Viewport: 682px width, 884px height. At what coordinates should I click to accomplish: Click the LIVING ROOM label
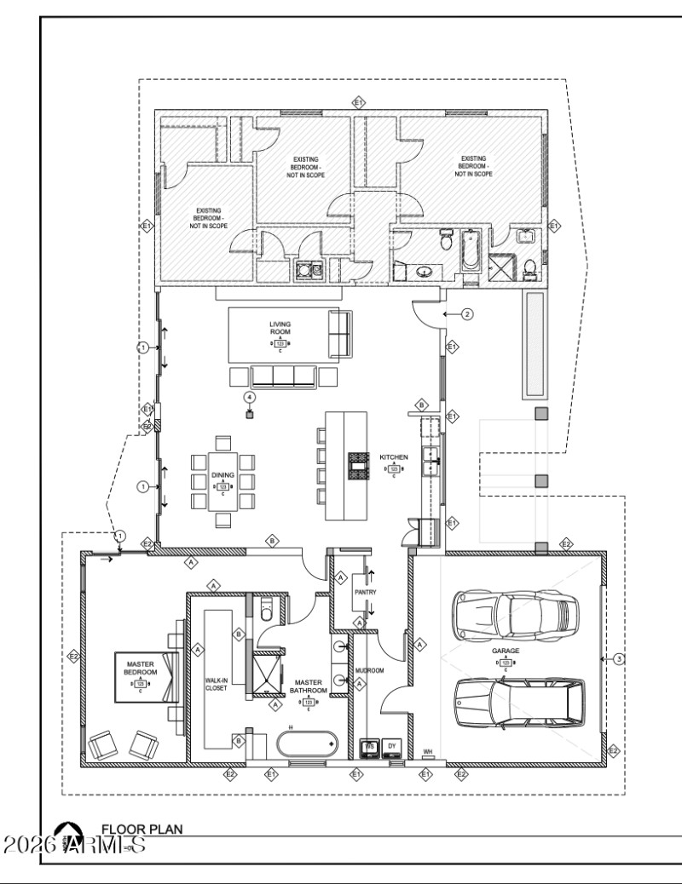(x=280, y=329)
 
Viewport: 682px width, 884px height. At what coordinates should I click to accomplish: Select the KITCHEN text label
(x=394, y=457)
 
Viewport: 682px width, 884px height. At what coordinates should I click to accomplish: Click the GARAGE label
(x=506, y=650)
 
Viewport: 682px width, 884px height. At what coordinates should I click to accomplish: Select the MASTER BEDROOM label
(x=140, y=669)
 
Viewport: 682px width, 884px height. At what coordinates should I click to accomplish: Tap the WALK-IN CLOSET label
(x=216, y=685)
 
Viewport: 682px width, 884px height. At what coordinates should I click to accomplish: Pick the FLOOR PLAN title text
(x=142, y=828)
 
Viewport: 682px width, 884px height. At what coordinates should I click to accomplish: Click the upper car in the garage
(x=517, y=614)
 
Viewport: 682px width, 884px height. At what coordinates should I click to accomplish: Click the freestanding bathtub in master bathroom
(x=307, y=743)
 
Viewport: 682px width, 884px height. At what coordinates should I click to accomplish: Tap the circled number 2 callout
(x=467, y=313)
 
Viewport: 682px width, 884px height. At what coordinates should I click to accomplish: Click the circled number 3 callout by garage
(x=619, y=657)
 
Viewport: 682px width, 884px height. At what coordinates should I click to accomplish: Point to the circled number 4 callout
(x=250, y=397)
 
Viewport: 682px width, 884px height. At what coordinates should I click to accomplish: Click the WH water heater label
(x=428, y=751)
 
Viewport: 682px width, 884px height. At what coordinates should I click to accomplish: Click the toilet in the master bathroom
(x=266, y=609)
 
